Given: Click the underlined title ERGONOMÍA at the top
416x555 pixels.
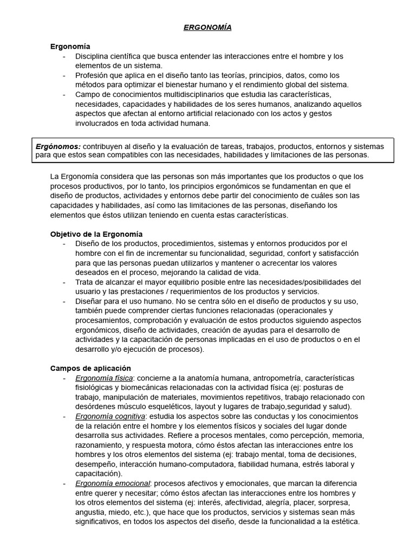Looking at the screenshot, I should pos(207,27).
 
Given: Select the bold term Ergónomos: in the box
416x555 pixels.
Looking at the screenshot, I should pos(58,146).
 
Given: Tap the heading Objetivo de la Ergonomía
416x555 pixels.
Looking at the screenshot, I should pos(96,234).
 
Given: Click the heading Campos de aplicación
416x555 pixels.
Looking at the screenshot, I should pos(90,368).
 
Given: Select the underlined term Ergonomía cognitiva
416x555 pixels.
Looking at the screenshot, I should pos(110,416).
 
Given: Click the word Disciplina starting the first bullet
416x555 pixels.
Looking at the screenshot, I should pos(92,56).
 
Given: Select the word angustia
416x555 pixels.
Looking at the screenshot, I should pos(90,512).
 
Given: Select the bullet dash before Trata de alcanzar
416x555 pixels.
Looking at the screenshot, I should pos(64,282).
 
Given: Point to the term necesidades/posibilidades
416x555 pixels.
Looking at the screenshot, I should pos(311,282).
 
